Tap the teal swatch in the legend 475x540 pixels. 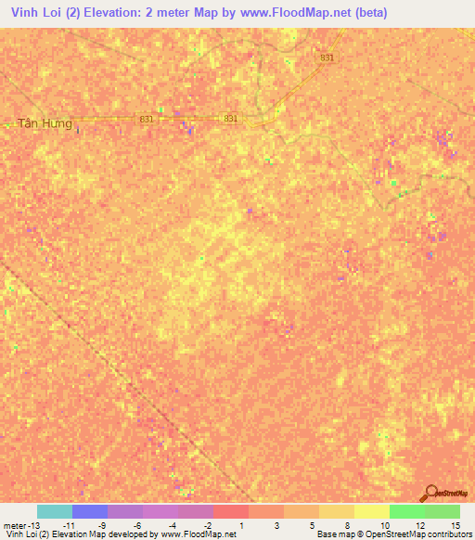tap(55, 511)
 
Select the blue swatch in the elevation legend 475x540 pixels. tap(90, 511)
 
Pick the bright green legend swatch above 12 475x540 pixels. tap(406, 511)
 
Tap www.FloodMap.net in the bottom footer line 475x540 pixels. tap(199, 534)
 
